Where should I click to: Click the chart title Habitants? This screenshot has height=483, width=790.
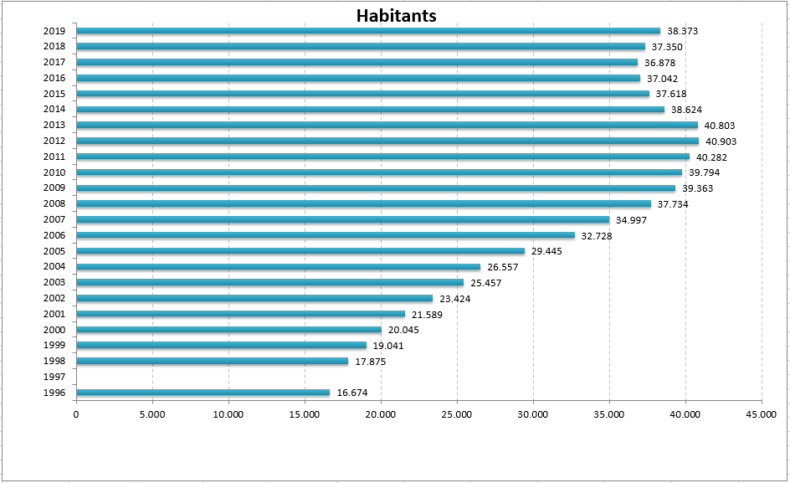[396, 16]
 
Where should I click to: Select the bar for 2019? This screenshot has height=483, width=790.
[368, 31]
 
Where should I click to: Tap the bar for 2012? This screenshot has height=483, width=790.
[387, 141]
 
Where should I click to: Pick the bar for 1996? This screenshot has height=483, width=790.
[203, 393]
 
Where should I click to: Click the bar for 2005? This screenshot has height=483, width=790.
[300, 251]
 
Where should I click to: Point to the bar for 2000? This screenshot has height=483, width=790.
[228, 330]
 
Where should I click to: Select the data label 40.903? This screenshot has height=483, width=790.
[721, 141]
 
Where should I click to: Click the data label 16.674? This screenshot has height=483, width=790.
[352, 393]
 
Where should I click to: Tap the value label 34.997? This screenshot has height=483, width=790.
[632, 220]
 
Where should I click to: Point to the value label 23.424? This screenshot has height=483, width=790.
[455, 299]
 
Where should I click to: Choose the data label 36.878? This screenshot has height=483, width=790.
[659, 63]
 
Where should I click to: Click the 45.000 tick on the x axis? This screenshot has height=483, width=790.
[761, 413]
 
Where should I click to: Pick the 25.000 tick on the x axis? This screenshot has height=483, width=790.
[456, 413]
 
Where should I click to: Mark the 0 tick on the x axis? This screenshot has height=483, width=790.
[76, 413]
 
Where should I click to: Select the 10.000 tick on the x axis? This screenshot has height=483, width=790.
[228, 413]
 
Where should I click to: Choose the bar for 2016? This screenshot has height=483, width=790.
[358, 78]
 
